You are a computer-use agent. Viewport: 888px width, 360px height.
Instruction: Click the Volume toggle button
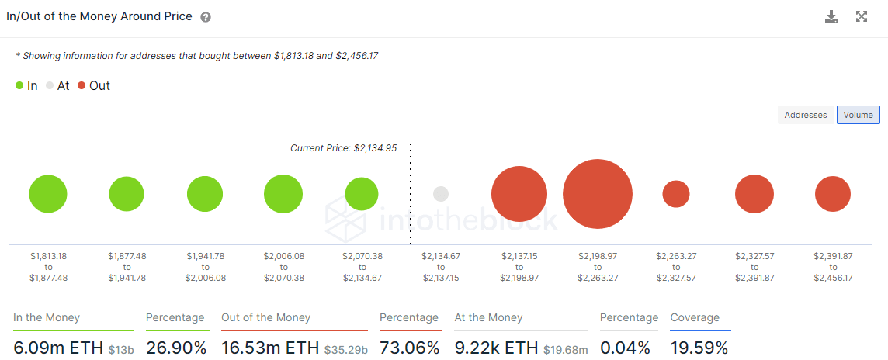pos(858,115)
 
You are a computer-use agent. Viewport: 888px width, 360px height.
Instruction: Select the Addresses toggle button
pos(806,115)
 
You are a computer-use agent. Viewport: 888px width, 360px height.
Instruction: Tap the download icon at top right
pos(831,17)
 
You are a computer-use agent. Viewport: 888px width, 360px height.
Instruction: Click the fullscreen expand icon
pos(862,17)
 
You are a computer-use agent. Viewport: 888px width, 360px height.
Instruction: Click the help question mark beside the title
pos(206,17)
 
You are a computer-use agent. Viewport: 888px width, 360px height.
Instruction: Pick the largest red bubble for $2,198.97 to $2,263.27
pos(597,194)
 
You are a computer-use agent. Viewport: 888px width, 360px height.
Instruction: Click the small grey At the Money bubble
pos(441,194)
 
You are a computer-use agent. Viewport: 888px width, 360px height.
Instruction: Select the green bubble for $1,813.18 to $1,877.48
pos(48,194)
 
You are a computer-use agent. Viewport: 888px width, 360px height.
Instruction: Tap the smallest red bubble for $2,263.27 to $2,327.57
pos(676,194)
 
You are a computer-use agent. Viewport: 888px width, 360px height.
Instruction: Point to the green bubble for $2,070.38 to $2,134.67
pos(362,194)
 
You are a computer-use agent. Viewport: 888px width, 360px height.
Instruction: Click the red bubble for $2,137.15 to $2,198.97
pos(519,194)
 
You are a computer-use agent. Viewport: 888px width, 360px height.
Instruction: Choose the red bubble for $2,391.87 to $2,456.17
pos(833,194)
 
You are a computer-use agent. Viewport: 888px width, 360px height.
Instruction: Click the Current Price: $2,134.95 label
pos(343,148)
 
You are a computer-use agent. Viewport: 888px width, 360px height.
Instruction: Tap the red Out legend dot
pos(82,86)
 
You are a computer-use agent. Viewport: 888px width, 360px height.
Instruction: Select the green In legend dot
pos(19,86)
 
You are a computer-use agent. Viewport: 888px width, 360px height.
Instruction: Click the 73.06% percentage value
pos(410,348)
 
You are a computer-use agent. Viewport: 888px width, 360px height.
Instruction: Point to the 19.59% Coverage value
pos(699,348)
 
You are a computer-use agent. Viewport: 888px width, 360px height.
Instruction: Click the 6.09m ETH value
pos(58,348)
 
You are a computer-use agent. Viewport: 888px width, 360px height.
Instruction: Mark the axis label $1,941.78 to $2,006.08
pos(205,266)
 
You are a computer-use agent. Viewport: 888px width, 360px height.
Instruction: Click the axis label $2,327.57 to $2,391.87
pos(754,266)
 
